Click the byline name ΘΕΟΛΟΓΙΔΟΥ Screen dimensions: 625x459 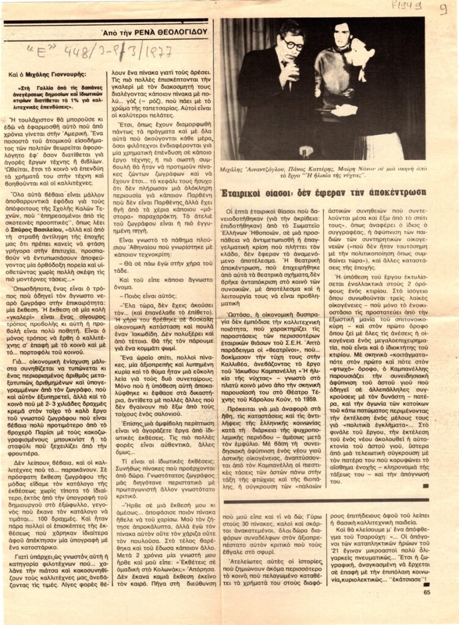183,31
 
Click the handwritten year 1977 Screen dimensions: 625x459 152,51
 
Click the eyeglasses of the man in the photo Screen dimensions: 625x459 293,45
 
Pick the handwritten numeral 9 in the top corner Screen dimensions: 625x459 442,9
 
